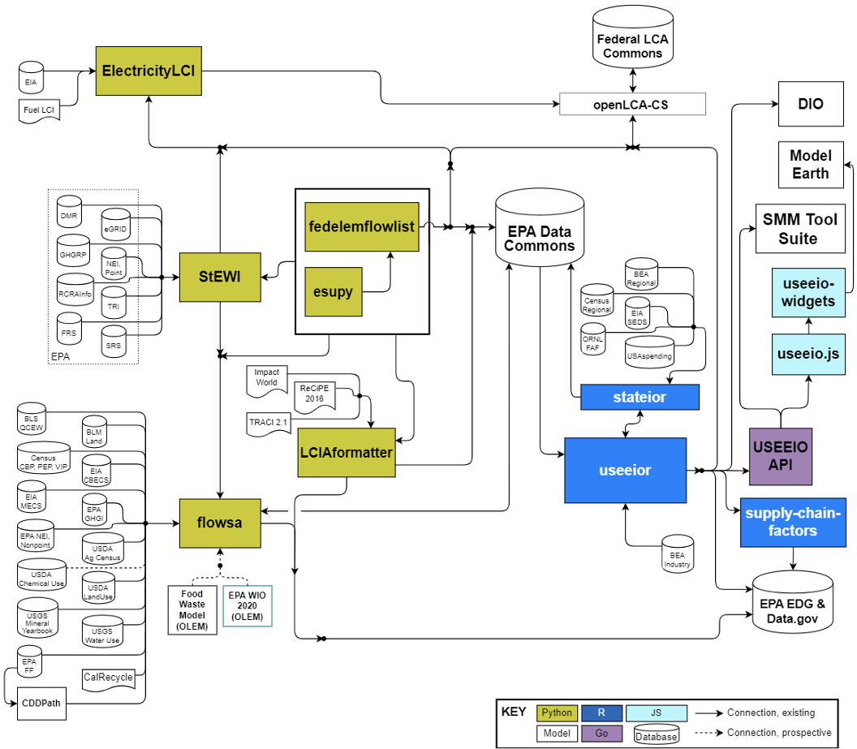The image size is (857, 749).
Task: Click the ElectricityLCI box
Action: (149, 71)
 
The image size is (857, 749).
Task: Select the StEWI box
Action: (220, 277)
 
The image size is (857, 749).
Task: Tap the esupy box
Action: (334, 292)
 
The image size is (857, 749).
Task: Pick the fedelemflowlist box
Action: (362, 226)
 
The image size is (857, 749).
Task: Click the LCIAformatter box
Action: (347, 452)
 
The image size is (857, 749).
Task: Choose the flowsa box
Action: (220, 523)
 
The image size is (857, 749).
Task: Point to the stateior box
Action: (640, 397)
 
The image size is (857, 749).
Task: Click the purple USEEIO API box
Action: (781, 457)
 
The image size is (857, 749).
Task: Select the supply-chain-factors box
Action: (793, 523)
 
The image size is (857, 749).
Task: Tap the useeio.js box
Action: (808, 354)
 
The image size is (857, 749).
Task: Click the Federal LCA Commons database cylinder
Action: (633, 37)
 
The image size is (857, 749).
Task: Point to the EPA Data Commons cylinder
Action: (540, 228)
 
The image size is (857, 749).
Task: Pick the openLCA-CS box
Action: (632, 105)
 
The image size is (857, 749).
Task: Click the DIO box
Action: (811, 104)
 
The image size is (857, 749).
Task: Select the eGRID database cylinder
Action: (115, 224)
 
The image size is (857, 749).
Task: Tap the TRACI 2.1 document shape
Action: (269, 424)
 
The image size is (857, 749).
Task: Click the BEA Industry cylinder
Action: (678, 553)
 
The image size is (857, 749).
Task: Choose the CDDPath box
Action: (41, 704)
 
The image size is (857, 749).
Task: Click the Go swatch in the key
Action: (601, 733)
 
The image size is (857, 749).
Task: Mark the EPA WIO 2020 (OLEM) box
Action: (247, 606)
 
